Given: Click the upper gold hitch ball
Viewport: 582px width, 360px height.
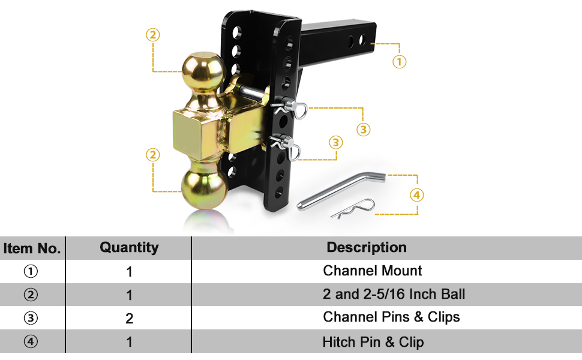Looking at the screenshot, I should pos(203,71).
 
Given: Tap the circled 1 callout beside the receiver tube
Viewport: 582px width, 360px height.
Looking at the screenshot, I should pos(399,61).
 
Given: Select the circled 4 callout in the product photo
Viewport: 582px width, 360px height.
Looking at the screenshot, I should pos(416,194).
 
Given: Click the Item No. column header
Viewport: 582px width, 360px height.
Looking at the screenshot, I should pos(32,248).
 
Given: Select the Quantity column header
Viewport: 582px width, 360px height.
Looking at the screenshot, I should pos(129,247).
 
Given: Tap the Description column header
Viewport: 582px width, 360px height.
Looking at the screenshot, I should pos(367,247).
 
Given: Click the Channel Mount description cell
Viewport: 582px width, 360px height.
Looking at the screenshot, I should pos(372,271).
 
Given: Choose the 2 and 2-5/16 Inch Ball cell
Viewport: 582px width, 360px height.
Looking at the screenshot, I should pos(394,294).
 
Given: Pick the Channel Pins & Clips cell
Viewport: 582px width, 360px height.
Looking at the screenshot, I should pos(391,317).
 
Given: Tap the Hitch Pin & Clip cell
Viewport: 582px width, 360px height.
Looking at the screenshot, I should pos(373,342).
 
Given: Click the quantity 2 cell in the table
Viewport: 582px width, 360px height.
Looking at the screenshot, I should pos(129,319).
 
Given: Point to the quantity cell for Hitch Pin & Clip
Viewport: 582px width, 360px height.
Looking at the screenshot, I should pos(129,342).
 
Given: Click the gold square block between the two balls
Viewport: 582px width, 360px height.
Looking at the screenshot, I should pos(196,129).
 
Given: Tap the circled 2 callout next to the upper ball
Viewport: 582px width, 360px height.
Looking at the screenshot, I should pos(153,35).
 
